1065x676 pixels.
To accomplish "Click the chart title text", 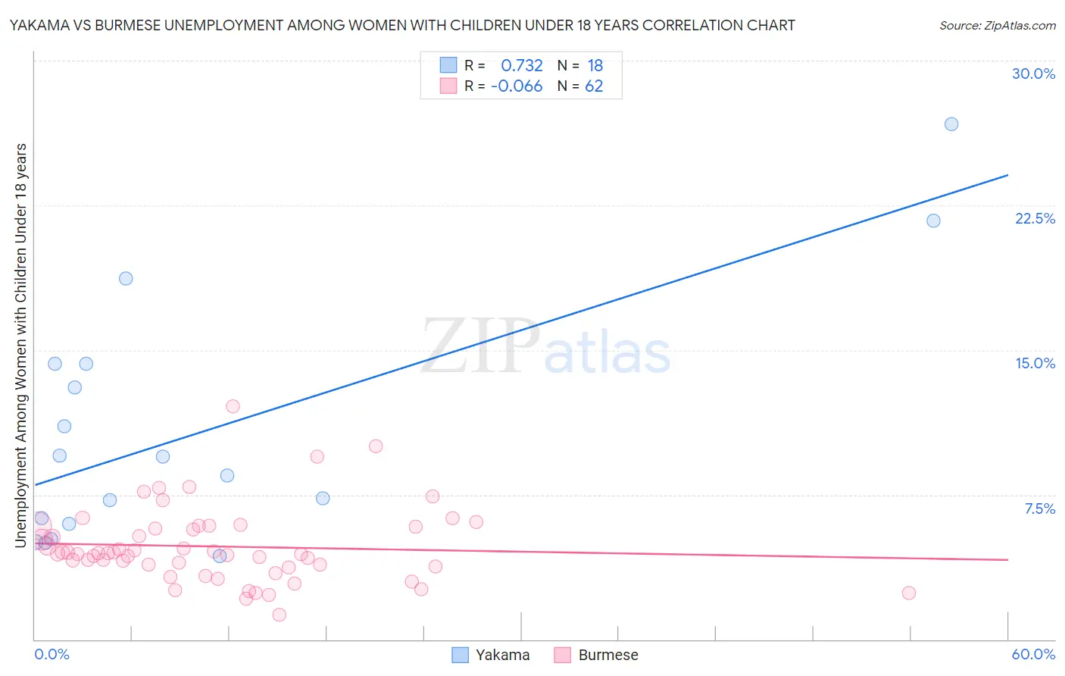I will tap(402, 25).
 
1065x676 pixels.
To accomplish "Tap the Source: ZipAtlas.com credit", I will tap(997, 25).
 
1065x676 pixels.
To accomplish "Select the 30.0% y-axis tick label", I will tap(1033, 74).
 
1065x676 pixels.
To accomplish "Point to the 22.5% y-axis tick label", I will tap(1035, 218).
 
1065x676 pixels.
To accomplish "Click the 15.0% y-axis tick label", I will tap(1035, 363).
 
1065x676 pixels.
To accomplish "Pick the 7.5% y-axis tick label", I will tap(1039, 509).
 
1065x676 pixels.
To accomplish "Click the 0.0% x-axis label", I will tap(52, 654).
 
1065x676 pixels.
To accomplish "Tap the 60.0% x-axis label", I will tap(1033, 654).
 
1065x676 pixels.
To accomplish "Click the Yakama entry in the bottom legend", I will tap(491, 655).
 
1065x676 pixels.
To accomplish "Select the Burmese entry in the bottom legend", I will tap(596, 655).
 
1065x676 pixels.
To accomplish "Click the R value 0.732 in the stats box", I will tap(522, 66).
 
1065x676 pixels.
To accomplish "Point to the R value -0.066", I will tap(517, 86).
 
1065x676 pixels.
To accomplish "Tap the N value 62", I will tap(594, 86).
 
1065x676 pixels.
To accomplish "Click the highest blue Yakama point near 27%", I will tap(951, 124).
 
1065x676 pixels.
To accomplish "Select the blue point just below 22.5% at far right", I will tap(933, 221).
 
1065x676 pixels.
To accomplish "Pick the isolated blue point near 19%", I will tap(126, 278).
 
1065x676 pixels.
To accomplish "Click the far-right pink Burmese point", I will tap(909, 593).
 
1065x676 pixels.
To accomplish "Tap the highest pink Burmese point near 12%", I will tap(233, 406).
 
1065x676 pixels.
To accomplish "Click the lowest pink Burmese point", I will tap(280, 615).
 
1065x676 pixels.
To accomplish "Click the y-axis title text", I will tap(20, 345).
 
